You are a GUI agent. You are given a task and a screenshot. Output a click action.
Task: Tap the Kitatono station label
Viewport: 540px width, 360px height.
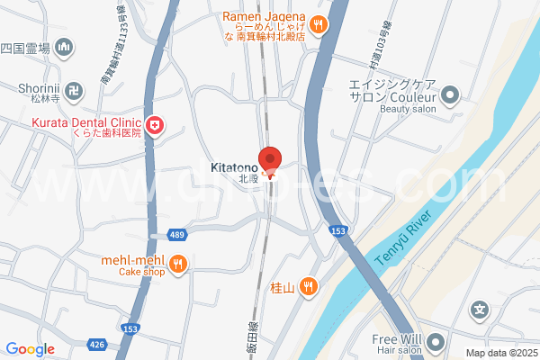236,167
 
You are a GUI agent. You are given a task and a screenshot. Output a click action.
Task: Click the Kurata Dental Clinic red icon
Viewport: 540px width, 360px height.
157,125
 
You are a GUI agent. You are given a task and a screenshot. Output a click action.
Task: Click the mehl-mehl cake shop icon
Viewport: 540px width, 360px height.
178,264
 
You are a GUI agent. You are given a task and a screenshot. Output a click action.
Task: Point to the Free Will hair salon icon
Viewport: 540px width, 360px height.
436,342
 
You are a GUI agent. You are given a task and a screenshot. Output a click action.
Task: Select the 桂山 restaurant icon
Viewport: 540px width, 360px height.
309,287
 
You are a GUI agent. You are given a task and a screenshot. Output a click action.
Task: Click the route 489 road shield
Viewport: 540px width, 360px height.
176,235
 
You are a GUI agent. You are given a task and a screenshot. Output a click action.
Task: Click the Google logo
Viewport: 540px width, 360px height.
30,349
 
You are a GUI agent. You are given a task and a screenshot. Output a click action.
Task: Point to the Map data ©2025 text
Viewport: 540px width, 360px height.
500,353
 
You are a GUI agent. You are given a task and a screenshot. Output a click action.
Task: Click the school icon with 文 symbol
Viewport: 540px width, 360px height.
481,310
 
